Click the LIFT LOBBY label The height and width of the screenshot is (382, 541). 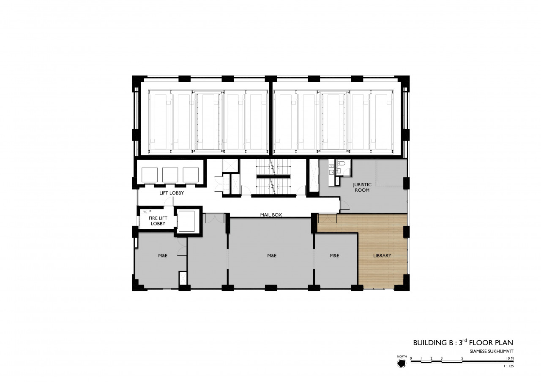(x=172, y=193)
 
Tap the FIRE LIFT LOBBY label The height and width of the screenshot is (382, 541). (x=158, y=221)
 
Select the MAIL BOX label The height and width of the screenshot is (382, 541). (x=271, y=215)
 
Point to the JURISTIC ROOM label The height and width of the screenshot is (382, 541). (x=362, y=187)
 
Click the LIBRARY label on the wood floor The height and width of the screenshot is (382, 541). (x=382, y=256)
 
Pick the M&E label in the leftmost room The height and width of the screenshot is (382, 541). (x=163, y=256)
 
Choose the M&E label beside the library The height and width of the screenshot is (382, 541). (x=334, y=256)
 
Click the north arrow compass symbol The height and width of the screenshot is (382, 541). (x=402, y=363)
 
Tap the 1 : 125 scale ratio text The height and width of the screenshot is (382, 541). (x=508, y=366)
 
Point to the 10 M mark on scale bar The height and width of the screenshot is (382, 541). (x=510, y=358)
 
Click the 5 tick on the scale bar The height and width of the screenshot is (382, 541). (x=462, y=358)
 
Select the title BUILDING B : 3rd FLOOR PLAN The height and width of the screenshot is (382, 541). (x=463, y=342)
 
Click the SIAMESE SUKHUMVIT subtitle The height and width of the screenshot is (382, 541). (x=492, y=351)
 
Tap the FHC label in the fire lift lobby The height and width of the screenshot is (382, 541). (x=145, y=212)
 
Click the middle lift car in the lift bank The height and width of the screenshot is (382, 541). (x=170, y=175)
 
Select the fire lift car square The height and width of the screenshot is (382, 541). (x=186, y=221)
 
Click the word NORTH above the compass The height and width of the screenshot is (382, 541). (x=402, y=356)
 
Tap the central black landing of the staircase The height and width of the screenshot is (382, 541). (x=273, y=177)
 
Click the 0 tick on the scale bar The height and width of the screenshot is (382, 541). (x=411, y=358)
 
